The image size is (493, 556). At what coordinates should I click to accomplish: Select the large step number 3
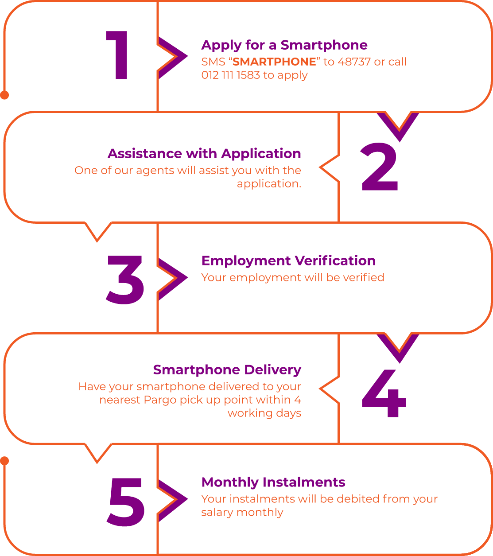[125, 280]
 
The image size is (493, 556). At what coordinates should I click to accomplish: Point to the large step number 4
[384, 394]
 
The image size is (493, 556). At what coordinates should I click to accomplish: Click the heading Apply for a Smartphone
[284, 45]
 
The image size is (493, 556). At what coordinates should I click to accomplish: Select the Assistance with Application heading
[204, 154]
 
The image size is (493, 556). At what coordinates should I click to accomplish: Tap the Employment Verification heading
[288, 261]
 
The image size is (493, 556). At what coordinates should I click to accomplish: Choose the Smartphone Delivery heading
[227, 369]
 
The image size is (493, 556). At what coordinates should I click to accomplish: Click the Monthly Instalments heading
[273, 482]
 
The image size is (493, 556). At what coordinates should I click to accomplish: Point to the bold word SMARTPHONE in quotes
[275, 62]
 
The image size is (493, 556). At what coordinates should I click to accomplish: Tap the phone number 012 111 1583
[230, 75]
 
